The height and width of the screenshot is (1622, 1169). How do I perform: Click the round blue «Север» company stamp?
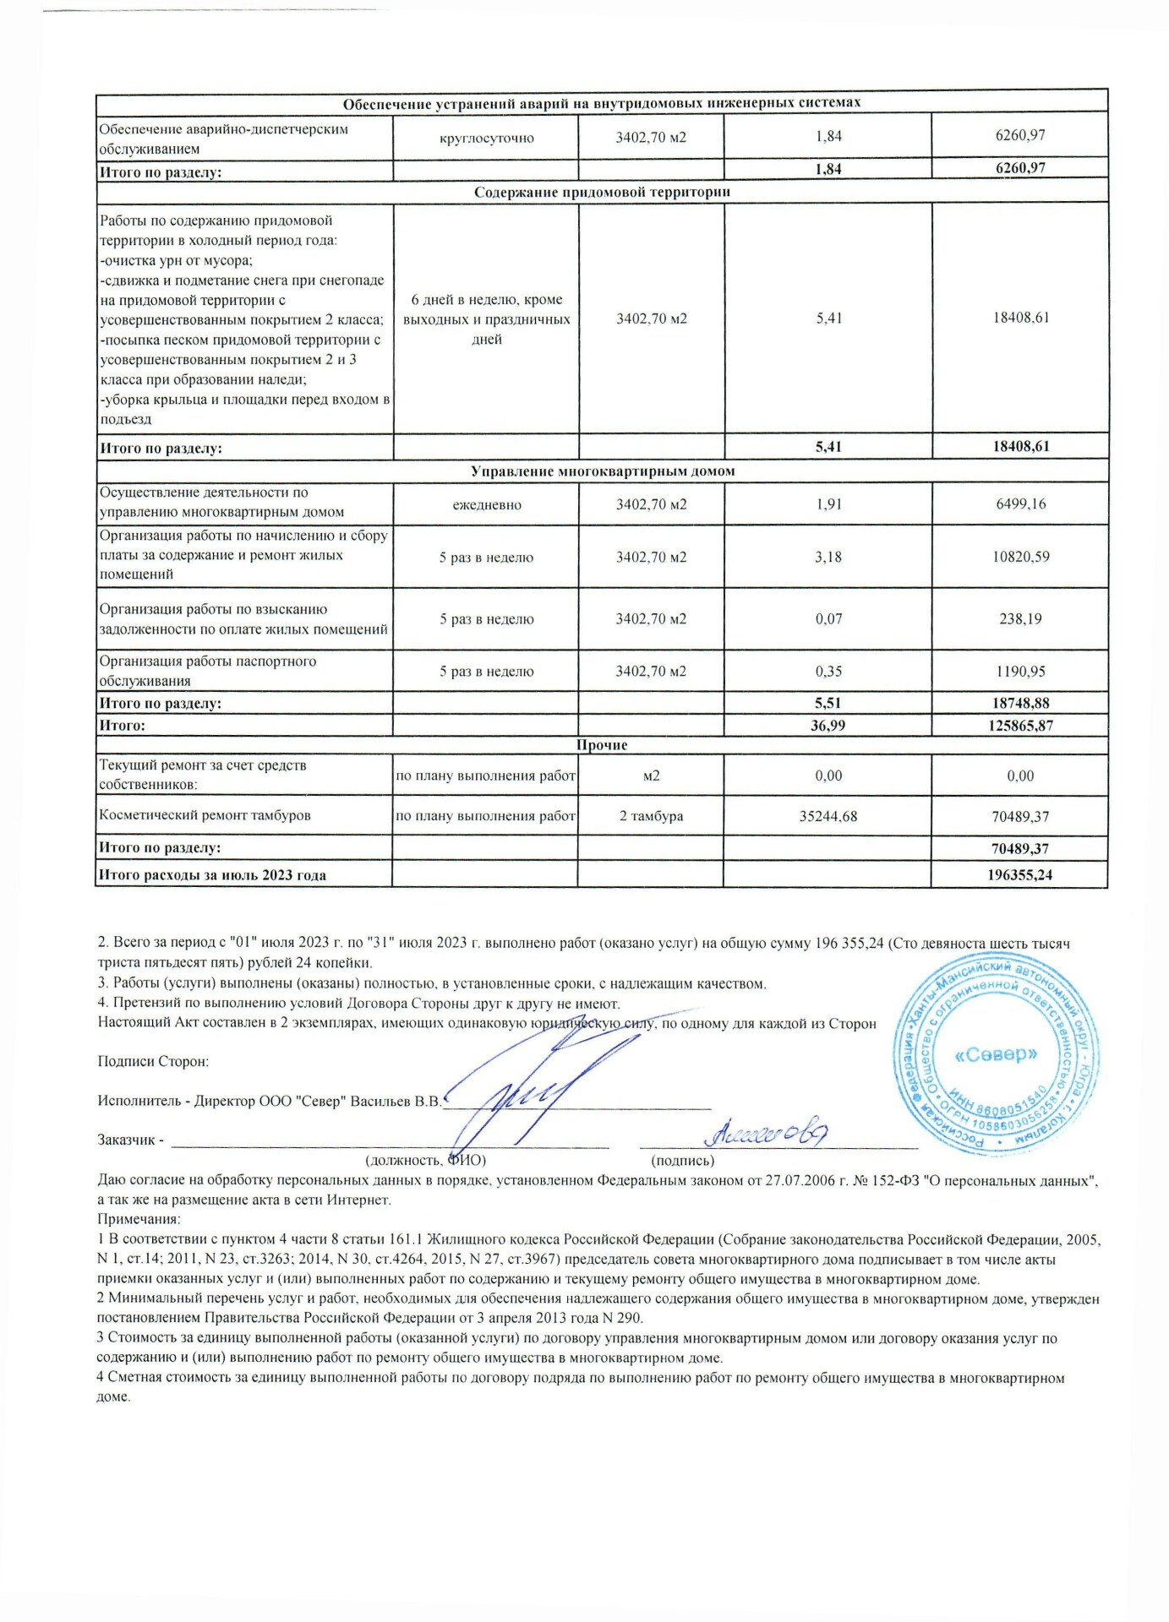pos(996,1055)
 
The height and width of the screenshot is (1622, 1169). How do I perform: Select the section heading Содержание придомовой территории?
pos(601,192)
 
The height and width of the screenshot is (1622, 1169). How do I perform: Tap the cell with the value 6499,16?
pos(1020,504)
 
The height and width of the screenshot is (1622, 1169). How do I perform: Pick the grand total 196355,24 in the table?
pos(1019,875)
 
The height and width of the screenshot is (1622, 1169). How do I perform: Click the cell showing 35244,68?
pos(828,817)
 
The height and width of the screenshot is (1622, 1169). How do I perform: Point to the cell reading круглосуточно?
pos(486,138)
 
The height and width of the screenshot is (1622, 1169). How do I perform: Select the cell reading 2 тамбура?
pos(651,817)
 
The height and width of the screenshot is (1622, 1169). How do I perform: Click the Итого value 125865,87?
pos(1020,726)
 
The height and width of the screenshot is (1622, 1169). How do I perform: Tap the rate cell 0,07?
pos(828,619)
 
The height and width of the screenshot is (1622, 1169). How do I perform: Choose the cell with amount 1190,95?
pos(1020,672)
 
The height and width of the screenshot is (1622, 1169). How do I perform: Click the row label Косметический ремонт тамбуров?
pos(205,816)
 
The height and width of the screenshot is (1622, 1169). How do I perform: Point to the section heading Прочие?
pos(601,745)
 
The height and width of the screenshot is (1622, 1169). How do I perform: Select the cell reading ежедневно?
pos(486,505)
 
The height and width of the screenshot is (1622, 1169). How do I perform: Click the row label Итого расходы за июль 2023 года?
pos(212,875)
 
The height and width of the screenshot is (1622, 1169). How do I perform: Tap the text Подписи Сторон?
pos(153,1062)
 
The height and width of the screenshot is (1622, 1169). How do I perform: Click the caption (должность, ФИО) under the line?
pos(425,1161)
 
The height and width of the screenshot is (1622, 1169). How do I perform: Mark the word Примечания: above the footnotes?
pos(139,1220)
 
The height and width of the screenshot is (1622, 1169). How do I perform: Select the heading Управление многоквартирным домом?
pos(601,471)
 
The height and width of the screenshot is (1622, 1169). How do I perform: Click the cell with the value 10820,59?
pos(1020,558)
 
